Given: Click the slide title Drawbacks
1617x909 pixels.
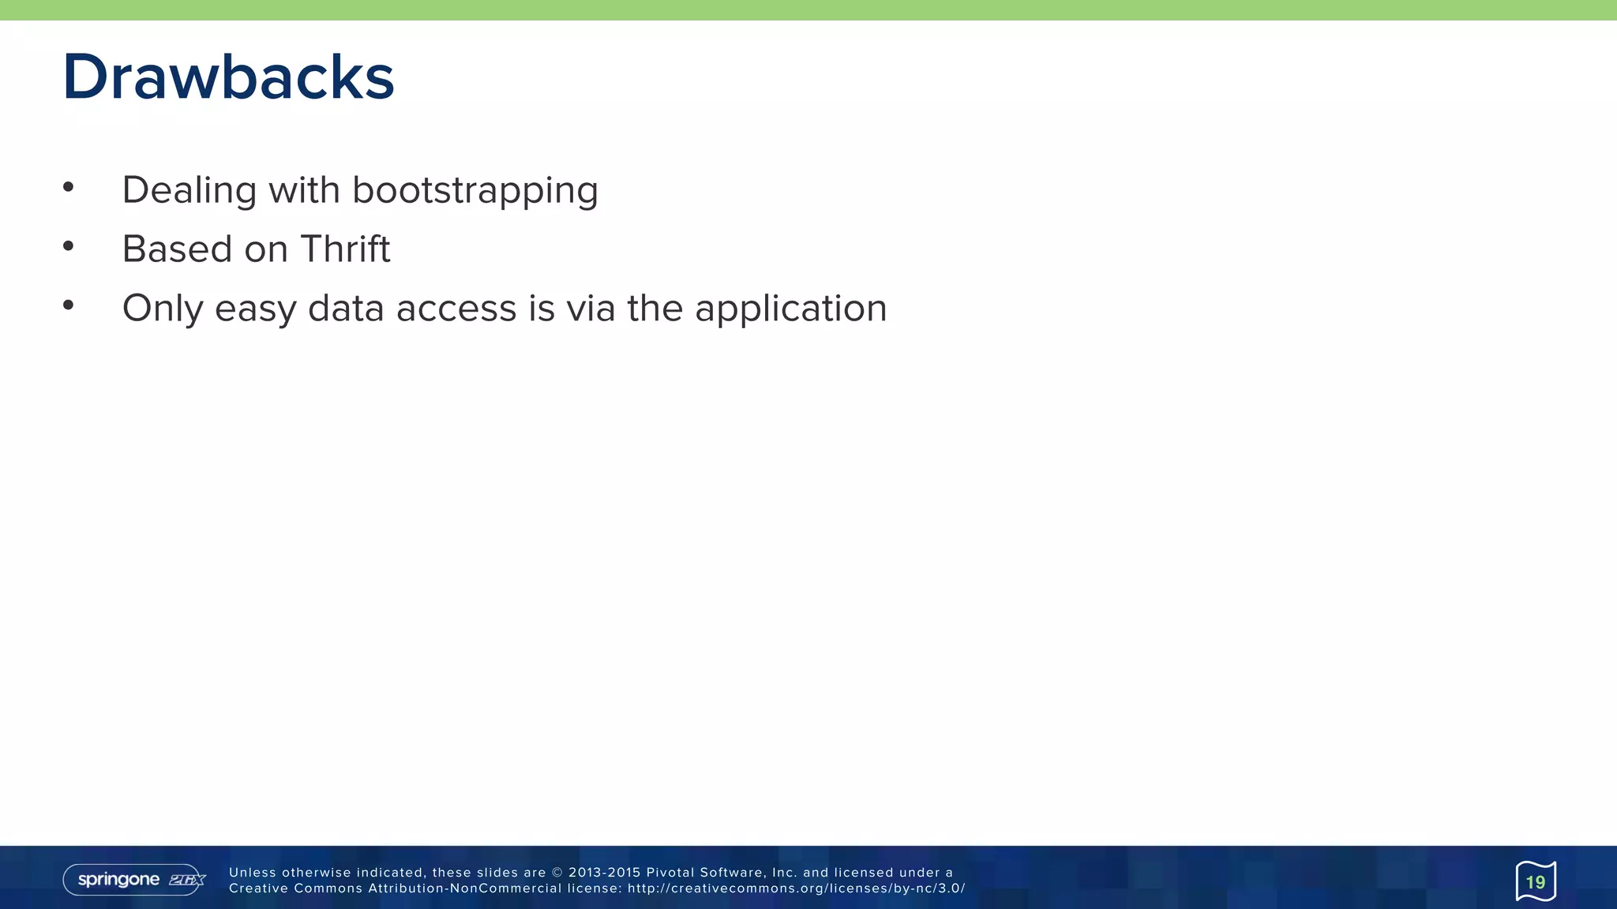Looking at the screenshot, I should click(x=228, y=77).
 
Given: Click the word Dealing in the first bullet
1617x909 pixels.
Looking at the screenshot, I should click(x=189, y=190).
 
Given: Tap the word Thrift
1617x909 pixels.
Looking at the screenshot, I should click(x=345, y=249).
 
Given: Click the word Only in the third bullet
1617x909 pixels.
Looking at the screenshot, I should click(x=162, y=309).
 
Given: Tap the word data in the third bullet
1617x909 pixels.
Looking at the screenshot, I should click(x=345, y=309).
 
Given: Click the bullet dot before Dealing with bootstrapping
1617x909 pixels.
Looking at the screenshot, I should click(x=69, y=187).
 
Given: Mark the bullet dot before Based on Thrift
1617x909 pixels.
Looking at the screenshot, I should click(x=69, y=246).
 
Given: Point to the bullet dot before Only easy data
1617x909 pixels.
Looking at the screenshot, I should click(x=69, y=305).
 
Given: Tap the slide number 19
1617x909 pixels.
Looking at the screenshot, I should click(x=1536, y=881).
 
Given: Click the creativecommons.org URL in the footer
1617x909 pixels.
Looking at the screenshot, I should click(x=796, y=888).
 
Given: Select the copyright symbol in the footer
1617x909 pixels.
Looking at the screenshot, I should click(x=557, y=873).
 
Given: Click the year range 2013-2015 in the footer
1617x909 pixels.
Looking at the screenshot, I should click(x=604, y=873).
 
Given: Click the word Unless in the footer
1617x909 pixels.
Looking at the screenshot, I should click(x=253, y=873).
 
